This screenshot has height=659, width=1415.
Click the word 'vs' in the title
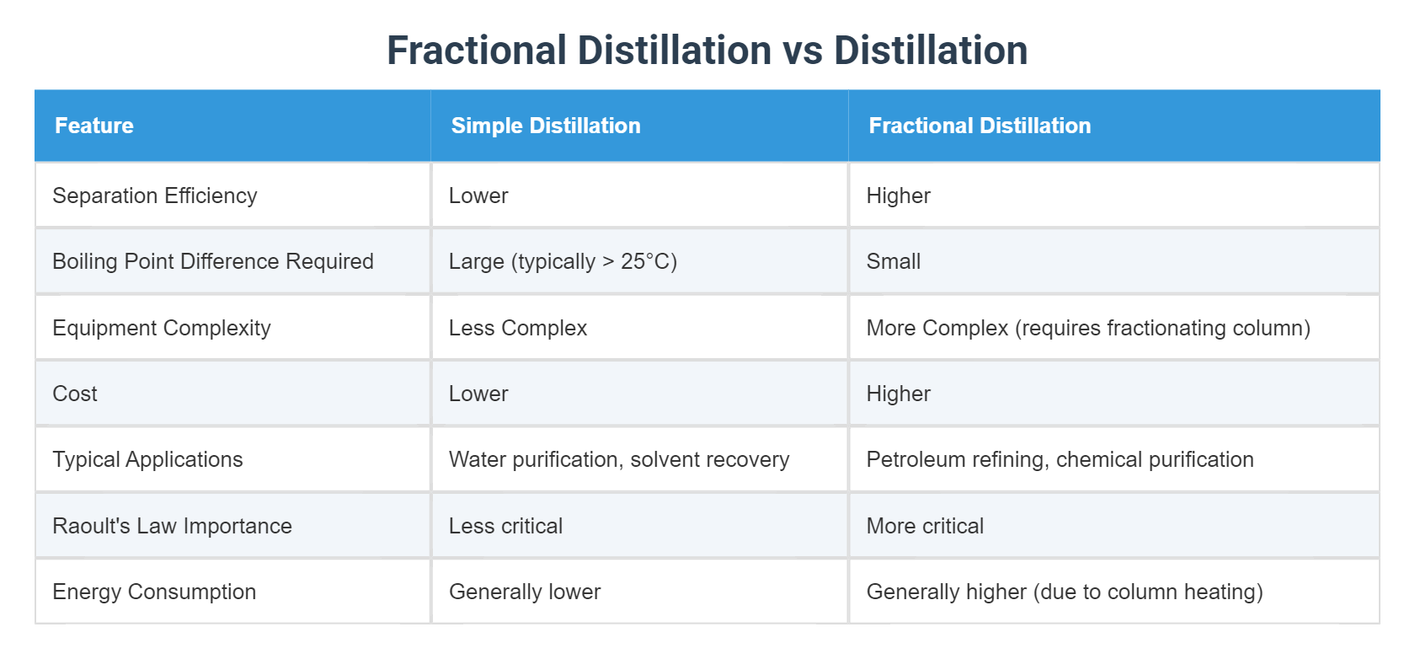(803, 51)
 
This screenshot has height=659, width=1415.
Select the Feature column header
(94, 126)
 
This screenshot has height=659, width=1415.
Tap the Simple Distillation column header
(546, 126)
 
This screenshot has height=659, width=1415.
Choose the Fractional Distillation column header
(980, 126)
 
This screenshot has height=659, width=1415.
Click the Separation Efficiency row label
(155, 196)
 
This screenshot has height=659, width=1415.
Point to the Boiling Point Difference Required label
(213, 261)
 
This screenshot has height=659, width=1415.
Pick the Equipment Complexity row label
(162, 328)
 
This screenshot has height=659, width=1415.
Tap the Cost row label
(75, 394)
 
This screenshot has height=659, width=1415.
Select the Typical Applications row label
(147, 459)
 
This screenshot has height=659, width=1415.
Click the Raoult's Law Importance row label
(172, 526)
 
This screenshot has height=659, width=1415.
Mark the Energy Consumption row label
(154, 592)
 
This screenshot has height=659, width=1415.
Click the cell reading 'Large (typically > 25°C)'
(563, 261)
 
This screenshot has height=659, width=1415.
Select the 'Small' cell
(894, 261)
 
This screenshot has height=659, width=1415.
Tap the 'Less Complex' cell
(518, 328)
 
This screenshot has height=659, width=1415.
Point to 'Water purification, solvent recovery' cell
(619, 459)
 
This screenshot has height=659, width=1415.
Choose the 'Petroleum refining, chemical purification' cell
(1060, 459)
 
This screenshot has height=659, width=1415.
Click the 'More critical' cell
(925, 526)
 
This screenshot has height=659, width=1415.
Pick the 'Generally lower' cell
(525, 592)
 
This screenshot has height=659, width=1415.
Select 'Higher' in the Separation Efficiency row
(899, 196)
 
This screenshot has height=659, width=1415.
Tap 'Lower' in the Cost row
(478, 394)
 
